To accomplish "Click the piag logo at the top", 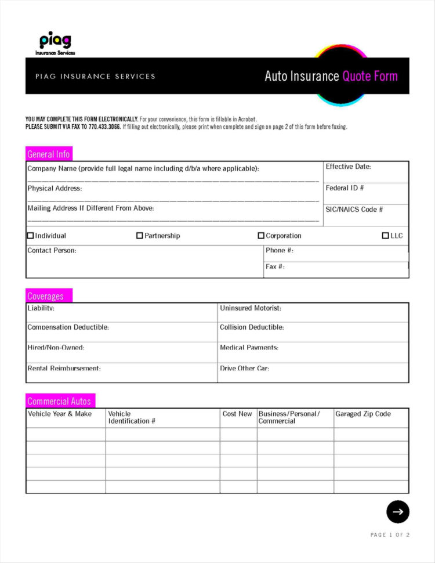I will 56,43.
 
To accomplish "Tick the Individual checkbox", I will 31,236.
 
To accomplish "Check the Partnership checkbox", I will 140,236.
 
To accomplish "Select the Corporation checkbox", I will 261,236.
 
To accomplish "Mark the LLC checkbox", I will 386,236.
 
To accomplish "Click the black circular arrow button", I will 398,511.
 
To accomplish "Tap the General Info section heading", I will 49,154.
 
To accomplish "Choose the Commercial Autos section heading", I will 59,401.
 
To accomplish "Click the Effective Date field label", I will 348,167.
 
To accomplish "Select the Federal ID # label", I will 345,188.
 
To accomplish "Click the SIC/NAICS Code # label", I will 354,210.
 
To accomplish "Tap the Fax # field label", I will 275,267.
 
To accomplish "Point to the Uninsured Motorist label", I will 251,308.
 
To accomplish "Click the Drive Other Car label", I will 244,369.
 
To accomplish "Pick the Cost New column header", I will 237,414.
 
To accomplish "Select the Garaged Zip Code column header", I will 363,414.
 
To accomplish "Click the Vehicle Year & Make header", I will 60,414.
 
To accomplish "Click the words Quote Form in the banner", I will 370,76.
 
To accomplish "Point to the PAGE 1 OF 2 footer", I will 390,535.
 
